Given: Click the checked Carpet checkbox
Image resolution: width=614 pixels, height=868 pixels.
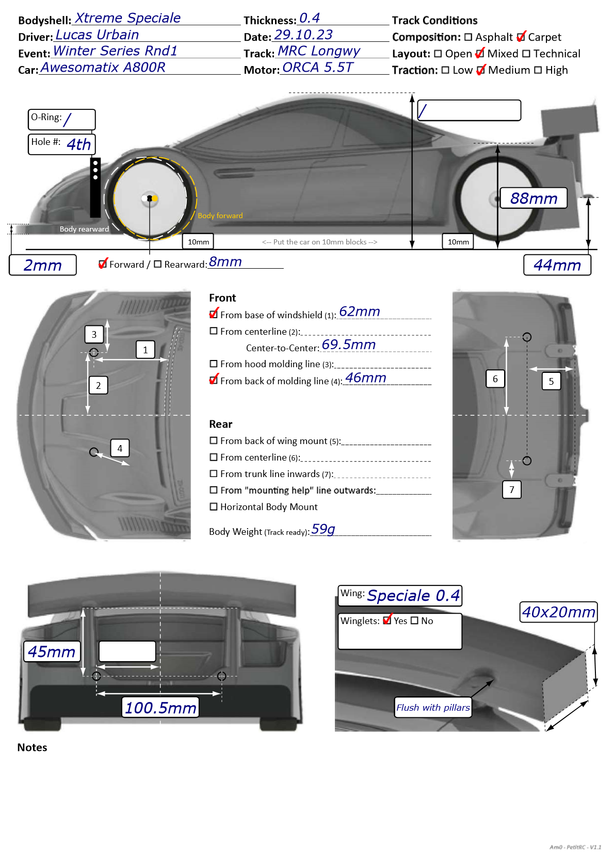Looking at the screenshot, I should click(x=521, y=37).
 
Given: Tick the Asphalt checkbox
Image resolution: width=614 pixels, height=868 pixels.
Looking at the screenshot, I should click(x=468, y=37).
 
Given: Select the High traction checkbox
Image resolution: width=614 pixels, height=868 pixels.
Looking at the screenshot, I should click(x=538, y=70).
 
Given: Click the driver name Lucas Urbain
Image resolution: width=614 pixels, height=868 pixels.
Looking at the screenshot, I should click(x=97, y=35).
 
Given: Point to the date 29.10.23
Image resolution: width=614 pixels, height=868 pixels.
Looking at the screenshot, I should click(x=303, y=35).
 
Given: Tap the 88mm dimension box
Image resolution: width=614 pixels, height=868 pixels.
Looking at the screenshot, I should click(x=534, y=198).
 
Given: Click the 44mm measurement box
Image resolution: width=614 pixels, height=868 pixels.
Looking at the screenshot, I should click(x=557, y=265).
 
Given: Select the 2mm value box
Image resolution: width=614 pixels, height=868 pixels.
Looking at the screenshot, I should click(x=43, y=265).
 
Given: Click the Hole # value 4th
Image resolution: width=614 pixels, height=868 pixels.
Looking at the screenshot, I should click(x=78, y=144).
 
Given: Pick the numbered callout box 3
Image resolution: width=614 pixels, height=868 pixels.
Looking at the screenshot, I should click(x=94, y=334).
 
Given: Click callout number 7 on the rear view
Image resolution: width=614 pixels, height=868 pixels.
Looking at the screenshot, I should click(x=511, y=489).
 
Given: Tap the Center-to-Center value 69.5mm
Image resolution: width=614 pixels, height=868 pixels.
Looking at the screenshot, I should click(x=348, y=345).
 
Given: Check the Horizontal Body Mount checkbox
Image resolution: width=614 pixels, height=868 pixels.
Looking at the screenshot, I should click(x=214, y=506).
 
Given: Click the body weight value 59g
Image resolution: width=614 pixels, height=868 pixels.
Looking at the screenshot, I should click(x=323, y=529).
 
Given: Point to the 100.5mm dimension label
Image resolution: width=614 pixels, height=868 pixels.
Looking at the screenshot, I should click(x=160, y=708).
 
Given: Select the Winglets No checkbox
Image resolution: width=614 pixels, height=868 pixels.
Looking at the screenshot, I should click(x=414, y=620).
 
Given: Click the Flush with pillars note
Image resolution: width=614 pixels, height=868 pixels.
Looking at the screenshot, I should click(x=433, y=708).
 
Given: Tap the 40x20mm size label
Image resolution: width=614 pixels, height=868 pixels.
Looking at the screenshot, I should click(x=558, y=612).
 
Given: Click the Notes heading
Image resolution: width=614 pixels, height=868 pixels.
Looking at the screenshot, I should click(x=32, y=747).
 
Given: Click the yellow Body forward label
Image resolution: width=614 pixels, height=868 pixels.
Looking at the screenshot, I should click(x=220, y=216).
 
